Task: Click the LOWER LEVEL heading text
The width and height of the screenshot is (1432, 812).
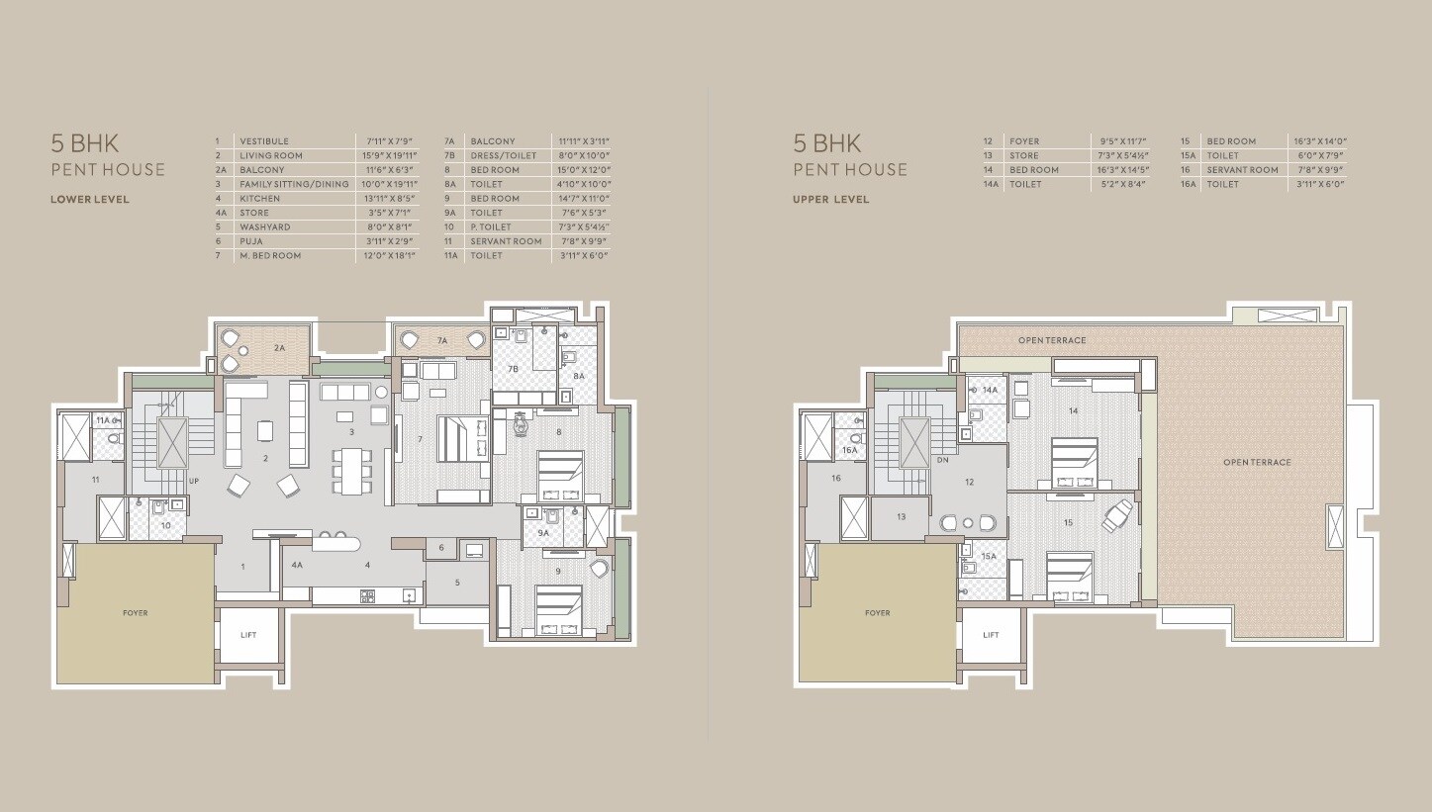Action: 90,199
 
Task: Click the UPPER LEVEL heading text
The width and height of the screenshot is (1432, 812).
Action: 830,199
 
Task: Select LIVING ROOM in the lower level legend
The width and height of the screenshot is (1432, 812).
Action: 270,155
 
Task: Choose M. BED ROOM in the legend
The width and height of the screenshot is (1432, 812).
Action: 269,255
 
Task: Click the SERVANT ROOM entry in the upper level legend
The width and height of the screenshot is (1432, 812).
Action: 1242,170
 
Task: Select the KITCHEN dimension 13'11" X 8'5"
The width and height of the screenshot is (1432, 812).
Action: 387,199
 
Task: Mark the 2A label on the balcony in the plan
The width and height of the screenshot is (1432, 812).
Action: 279,348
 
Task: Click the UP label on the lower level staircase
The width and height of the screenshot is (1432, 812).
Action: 194,481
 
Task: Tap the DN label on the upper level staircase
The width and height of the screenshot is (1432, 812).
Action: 941,461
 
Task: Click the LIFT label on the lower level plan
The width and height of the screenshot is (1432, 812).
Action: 248,634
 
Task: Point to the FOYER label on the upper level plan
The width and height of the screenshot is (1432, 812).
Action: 877,613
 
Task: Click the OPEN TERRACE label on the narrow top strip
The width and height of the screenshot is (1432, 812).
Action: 1052,340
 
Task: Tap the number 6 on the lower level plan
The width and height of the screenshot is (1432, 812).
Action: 441,548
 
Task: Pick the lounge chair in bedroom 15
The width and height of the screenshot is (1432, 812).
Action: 1118,514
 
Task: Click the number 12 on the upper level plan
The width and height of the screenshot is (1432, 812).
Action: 969,483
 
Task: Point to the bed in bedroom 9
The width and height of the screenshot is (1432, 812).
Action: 558,609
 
